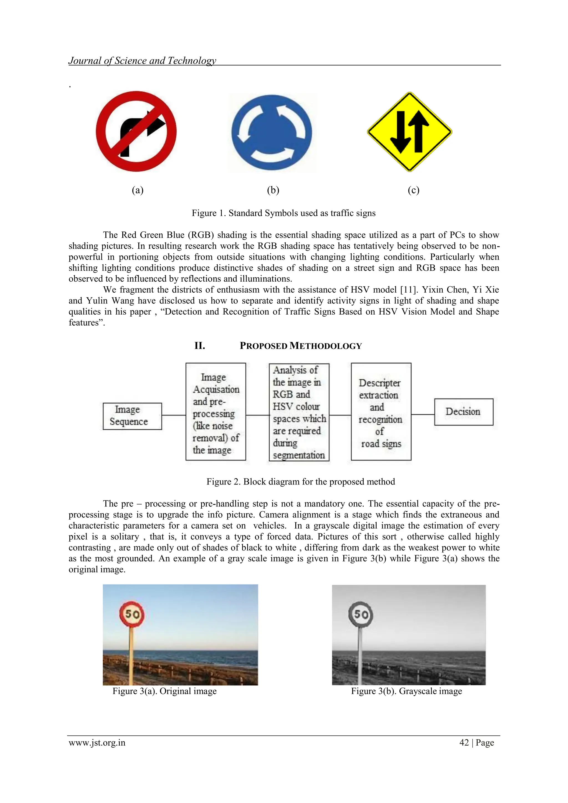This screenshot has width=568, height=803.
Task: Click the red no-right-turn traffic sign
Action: [x=136, y=131]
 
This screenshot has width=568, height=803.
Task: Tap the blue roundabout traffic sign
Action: [x=272, y=133]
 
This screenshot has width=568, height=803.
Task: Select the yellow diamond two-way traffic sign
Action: [x=409, y=132]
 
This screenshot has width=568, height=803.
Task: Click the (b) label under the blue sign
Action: [x=273, y=190]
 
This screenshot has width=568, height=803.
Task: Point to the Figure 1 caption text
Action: [x=283, y=213]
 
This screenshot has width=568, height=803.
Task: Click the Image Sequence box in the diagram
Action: [x=132, y=416]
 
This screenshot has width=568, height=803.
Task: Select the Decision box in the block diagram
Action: [x=463, y=412]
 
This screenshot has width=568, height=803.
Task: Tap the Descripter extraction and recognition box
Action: [x=381, y=412]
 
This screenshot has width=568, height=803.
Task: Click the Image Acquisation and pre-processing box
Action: [x=215, y=412]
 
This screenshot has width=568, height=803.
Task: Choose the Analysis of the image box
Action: [x=299, y=412]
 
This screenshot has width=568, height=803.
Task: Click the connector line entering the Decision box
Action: [x=423, y=414]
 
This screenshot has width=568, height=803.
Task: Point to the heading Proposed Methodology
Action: [x=300, y=346]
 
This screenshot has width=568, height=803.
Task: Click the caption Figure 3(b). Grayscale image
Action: [x=406, y=691]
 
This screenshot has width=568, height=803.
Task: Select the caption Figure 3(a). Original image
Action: [x=164, y=691]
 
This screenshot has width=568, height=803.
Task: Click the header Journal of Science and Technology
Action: [x=142, y=60]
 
